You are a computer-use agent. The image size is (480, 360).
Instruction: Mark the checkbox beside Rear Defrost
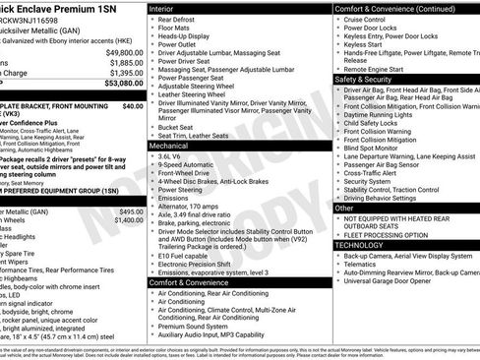[152, 19]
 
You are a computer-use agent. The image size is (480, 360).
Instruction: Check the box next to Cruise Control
[339, 19]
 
